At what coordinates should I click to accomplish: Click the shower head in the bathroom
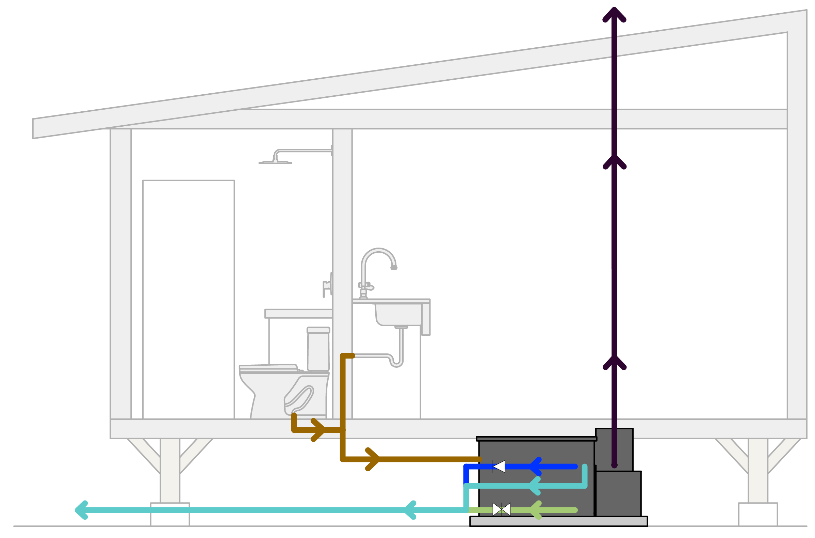coord(275,162)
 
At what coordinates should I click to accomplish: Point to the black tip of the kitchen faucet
coord(394,268)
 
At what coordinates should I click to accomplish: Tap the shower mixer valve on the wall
coord(327,285)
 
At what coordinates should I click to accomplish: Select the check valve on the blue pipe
coord(499,466)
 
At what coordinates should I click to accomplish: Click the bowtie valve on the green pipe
coord(502,509)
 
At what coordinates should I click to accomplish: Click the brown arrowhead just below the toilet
coord(318,430)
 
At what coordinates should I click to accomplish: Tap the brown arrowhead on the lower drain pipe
coord(373,459)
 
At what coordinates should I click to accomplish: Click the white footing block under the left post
coord(170,514)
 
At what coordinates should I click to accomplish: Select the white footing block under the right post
coord(758,514)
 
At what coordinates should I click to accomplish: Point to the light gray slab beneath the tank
coord(559,522)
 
